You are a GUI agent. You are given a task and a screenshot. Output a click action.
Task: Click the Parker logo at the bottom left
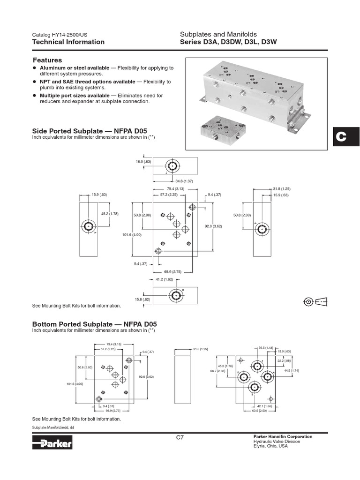pos(52,443)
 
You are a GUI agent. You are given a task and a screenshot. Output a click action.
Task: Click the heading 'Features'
pos(47,60)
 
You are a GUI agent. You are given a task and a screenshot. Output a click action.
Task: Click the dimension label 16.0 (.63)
pos(143,162)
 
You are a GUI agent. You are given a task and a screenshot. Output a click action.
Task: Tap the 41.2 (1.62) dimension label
pos(164,279)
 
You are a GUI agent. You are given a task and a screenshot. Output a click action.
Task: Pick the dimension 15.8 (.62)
pos(143,299)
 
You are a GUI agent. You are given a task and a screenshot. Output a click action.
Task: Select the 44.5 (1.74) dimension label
pos(292,371)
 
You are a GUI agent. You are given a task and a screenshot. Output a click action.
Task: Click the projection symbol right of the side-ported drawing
pos(315,301)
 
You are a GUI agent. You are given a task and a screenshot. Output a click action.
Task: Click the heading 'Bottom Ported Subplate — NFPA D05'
pos(94,324)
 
